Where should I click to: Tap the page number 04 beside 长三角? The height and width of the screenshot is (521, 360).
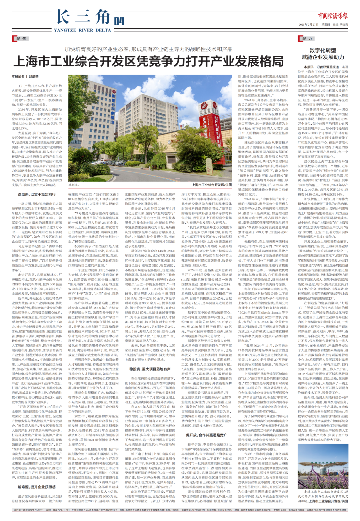[x=119, y=21]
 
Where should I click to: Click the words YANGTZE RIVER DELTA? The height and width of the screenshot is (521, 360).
[x=82, y=30]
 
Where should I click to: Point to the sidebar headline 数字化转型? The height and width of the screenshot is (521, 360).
[x=323, y=50]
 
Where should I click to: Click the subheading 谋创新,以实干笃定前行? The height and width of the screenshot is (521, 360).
[x=37, y=194]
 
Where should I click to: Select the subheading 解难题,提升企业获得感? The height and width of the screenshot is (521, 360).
[x=37, y=487]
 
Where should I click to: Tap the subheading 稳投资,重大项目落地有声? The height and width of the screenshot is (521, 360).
[x=150, y=369]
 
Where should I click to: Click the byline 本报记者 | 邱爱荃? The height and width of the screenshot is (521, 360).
[x=25, y=77]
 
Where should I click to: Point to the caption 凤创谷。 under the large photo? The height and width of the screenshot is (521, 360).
[x=74, y=184]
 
